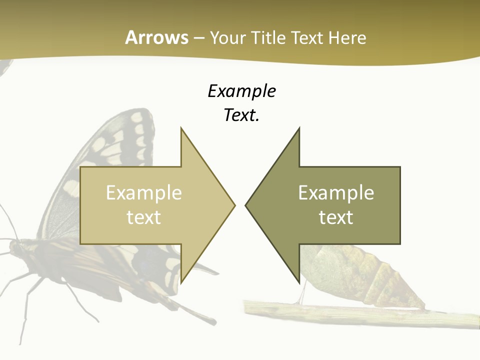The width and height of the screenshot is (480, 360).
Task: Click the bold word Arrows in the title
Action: pos(156,37)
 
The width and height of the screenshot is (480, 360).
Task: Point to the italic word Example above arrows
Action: pos(241,91)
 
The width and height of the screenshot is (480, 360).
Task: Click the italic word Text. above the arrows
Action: pos(241,115)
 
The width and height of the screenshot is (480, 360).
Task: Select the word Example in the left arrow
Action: pos(144,192)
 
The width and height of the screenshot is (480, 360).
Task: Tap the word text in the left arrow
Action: pos(144,217)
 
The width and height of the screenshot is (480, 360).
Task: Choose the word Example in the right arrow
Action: pos(336,192)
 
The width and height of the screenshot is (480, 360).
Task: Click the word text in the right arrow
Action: pos(336,217)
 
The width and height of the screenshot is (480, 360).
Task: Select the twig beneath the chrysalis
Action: pos(350,312)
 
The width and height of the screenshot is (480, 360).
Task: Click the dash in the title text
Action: pos(198,38)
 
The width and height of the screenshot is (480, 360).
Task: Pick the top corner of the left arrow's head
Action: pos(181,128)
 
